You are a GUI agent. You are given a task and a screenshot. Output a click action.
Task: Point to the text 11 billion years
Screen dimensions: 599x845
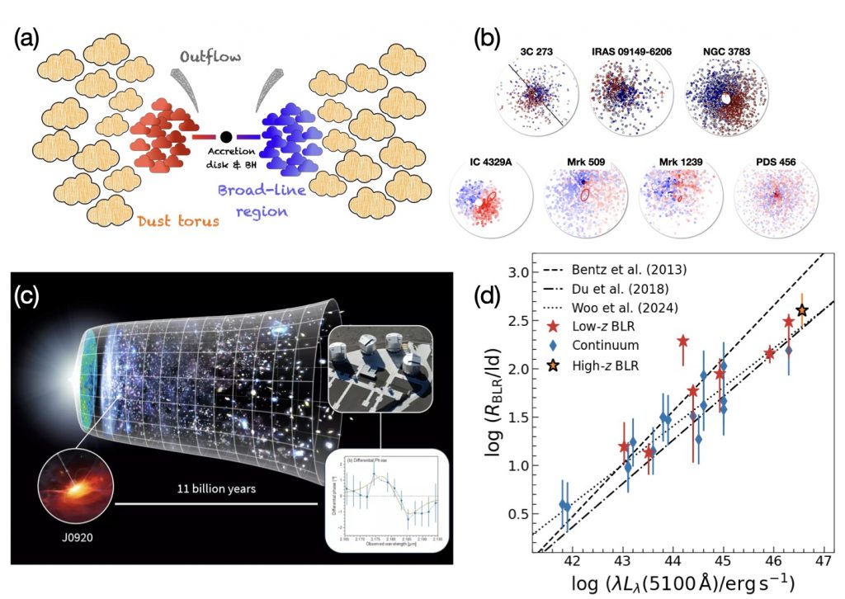216,488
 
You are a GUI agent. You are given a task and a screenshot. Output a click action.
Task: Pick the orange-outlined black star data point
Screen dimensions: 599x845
801,310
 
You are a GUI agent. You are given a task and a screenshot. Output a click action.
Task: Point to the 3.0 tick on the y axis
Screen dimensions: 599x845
513,271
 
